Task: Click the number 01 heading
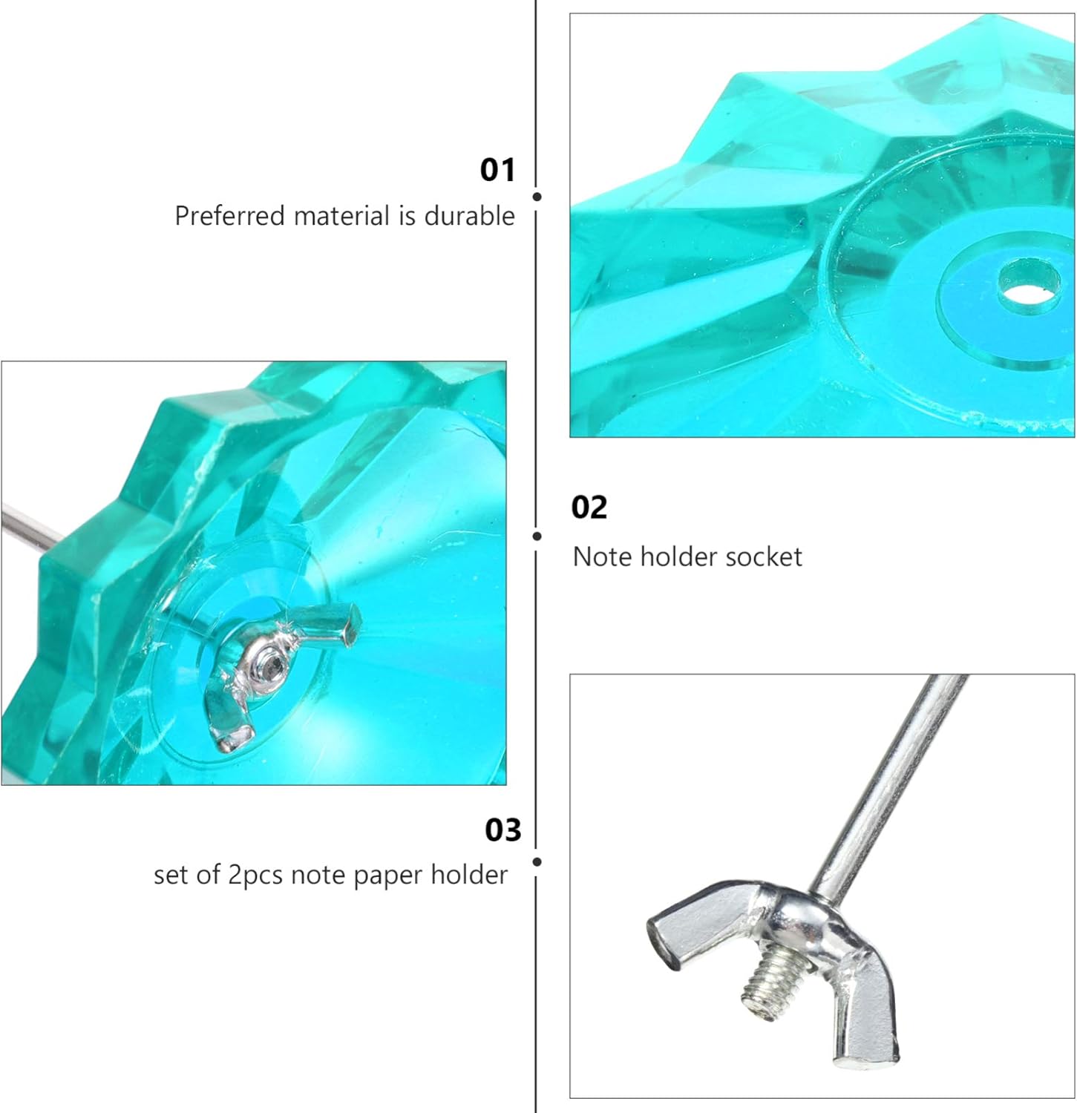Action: point(497,170)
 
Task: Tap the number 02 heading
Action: point(589,508)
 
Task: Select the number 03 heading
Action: point(503,830)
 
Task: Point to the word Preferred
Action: point(230,216)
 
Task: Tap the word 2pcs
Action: point(255,876)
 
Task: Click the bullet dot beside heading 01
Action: point(537,197)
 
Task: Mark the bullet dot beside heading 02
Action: point(537,536)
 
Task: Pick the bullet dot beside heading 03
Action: point(537,861)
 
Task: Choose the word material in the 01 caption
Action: point(341,216)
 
